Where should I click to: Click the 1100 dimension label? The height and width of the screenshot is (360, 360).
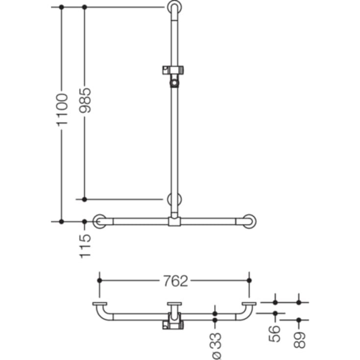[62, 110]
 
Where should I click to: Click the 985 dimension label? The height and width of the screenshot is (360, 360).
[85, 100]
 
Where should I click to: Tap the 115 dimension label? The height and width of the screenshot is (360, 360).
[85, 246]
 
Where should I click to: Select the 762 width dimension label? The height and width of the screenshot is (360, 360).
[175, 281]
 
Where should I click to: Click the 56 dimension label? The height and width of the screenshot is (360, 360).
[275, 334]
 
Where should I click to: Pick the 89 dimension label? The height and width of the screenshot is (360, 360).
[299, 340]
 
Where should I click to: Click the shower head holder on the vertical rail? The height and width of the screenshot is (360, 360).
[173, 76]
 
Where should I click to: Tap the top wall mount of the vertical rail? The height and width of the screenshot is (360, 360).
[174, 7]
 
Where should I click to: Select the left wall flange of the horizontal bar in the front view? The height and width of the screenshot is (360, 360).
[99, 221]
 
